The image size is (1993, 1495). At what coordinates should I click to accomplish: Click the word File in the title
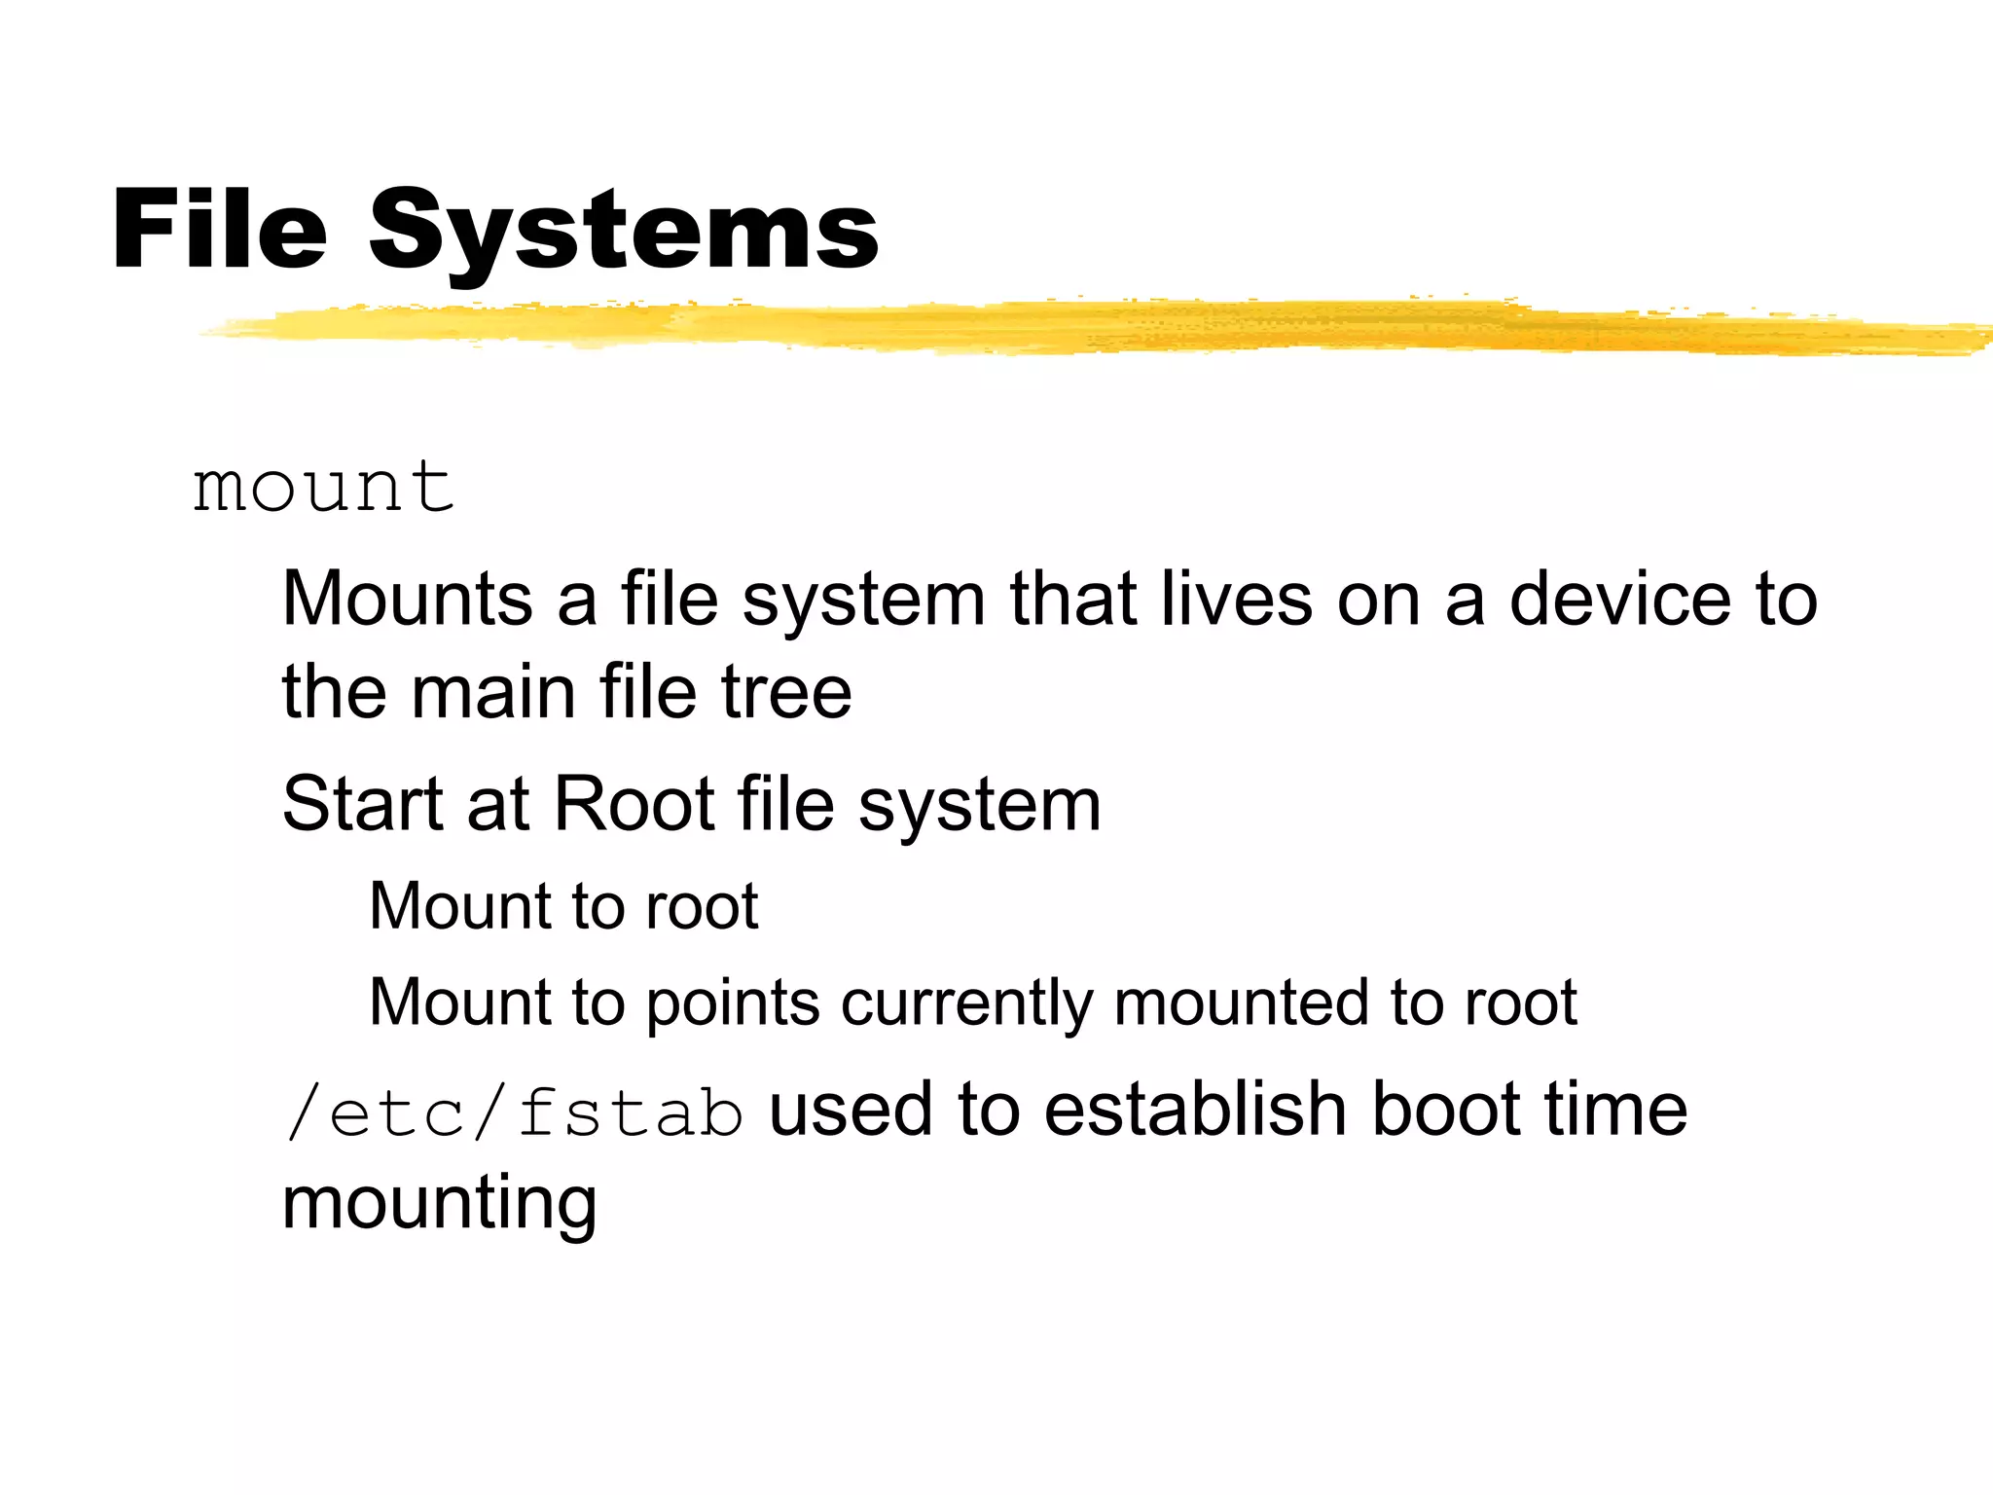pos(219,229)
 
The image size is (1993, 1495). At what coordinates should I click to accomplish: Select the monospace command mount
pos(323,487)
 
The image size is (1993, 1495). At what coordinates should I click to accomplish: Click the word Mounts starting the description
pos(407,598)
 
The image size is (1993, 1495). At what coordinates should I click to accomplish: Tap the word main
pos(493,692)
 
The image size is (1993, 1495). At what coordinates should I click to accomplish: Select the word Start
pos(362,804)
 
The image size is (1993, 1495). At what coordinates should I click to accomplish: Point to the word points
pos(733,1003)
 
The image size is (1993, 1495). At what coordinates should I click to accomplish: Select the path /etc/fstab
pos(514,1112)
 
